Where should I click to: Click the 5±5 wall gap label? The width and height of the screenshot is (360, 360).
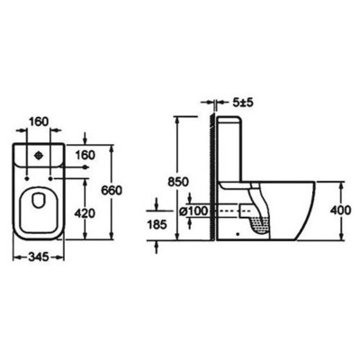pyautogui.click(x=243, y=103)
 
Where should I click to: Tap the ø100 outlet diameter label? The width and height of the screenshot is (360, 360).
pyautogui.click(x=195, y=210)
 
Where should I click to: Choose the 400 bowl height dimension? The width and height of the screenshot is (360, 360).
pyautogui.click(x=340, y=209)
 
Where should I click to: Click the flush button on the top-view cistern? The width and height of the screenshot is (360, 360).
pyautogui.click(x=38, y=155)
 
